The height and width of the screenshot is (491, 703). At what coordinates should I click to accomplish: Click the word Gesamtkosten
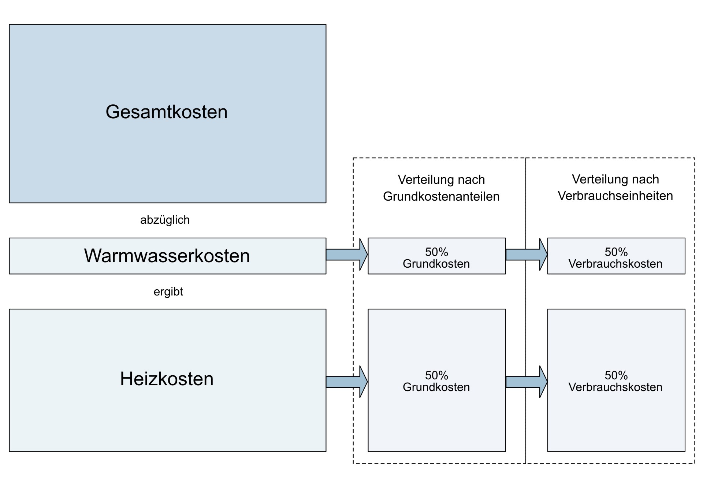(x=167, y=112)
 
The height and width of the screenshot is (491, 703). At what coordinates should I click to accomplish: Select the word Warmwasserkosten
(x=167, y=256)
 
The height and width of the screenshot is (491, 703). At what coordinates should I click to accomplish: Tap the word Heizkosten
(x=167, y=379)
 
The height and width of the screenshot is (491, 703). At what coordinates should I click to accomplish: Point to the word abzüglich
(x=165, y=220)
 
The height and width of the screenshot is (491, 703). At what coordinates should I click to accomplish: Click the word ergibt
(x=168, y=291)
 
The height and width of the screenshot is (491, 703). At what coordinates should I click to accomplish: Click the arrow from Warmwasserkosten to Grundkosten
(x=346, y=254)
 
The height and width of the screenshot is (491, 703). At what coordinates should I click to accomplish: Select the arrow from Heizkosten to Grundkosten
(x=346, y=382)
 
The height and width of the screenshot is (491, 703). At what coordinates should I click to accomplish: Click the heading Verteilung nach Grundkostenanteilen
(x=441, y=188)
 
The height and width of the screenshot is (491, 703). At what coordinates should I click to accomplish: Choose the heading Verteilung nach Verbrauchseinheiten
(x=615, y=187)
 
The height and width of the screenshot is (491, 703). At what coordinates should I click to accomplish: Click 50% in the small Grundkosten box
(x=436, y=252)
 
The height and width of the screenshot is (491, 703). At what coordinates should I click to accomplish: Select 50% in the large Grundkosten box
(x=436, y=375)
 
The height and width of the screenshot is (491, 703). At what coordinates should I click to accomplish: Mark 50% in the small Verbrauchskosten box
(x=616, y=252)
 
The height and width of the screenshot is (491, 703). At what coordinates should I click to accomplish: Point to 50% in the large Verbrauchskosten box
(x=616, y=375)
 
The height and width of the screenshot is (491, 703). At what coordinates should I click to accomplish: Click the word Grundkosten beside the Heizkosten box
(x=436, y=387)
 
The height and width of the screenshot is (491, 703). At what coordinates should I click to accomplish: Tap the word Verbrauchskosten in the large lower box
(x=615, y=387)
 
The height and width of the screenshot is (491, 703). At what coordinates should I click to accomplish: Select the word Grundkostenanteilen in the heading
(x=441, y=197)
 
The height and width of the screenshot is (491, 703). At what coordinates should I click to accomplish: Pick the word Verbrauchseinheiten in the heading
(x=615, y=196)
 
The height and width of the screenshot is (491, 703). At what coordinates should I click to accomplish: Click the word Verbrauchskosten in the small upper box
(x=615, y=264)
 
